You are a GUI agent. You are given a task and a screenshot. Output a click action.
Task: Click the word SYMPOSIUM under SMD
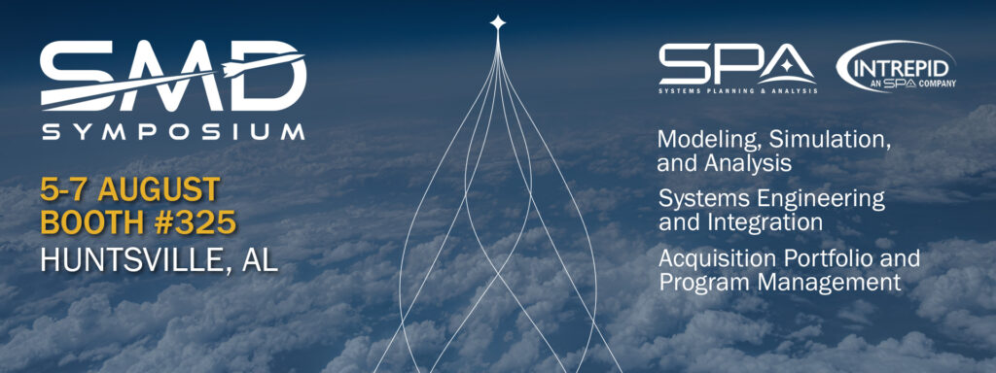click(171, 131)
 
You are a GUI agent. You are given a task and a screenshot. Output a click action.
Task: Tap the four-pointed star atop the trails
click(498, 21)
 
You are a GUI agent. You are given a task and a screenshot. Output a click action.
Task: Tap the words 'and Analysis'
click(724, 164)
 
